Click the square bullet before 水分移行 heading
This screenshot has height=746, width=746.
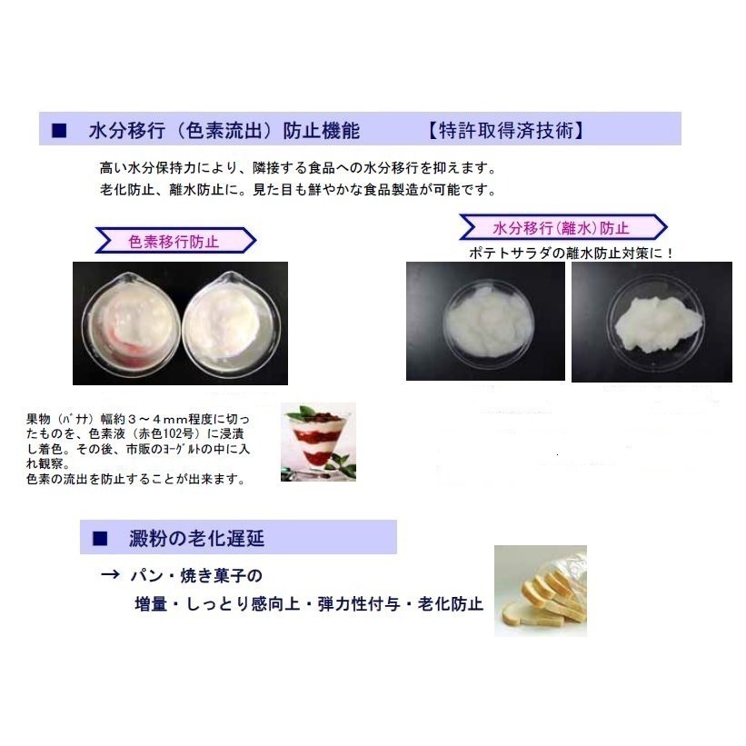pos(59,131)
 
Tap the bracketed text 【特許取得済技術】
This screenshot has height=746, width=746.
pos(504,131)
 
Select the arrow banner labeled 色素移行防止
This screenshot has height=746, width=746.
pos(174,241)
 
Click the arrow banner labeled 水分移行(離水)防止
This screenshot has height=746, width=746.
pos(562,227)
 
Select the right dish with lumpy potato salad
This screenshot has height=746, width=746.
pos(651,320)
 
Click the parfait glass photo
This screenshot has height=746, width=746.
pos(318,442)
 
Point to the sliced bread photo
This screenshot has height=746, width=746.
pos(540,591)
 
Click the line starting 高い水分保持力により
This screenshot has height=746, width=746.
pos(296,169)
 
